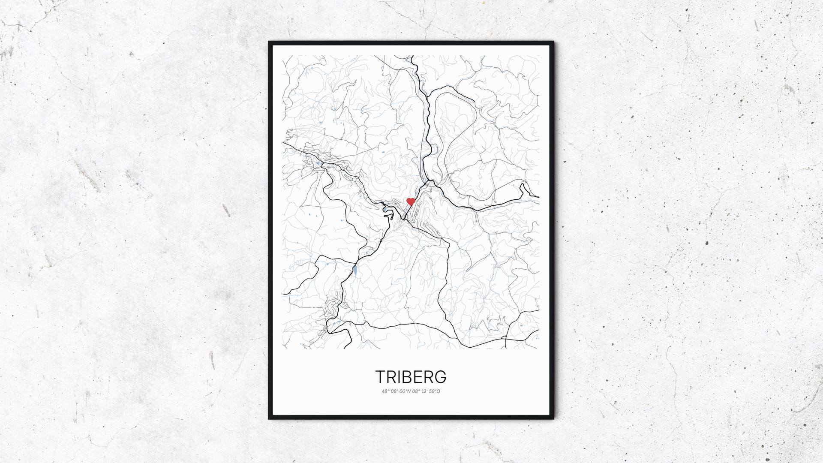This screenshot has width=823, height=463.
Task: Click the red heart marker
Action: [411, 201]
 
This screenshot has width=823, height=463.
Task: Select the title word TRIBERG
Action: [411, 377]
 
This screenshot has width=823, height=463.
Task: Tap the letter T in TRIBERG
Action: [381, 377]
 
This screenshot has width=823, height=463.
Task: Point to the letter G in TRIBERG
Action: [440, 377]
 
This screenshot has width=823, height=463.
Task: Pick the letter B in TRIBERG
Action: [405, 377]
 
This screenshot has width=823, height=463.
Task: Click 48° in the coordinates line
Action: [385, 391]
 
